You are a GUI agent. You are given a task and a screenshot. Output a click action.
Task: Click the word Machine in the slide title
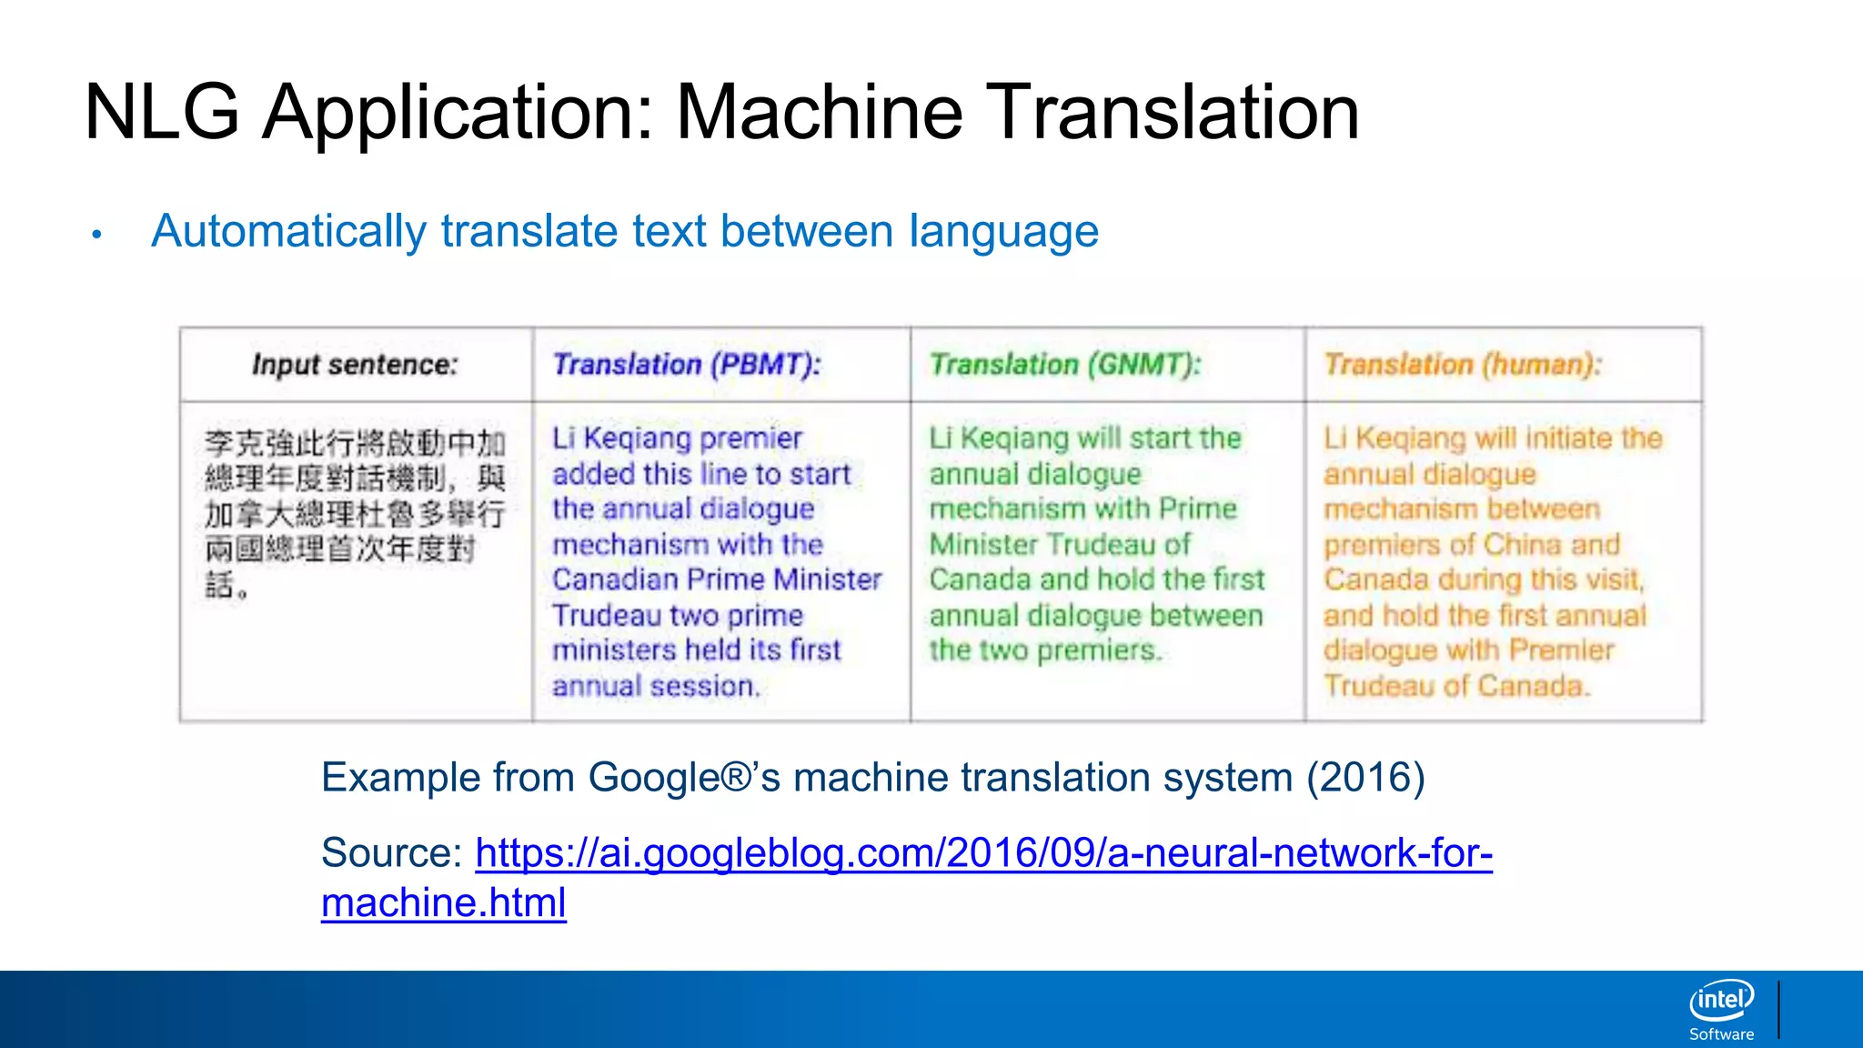tap(819, 113)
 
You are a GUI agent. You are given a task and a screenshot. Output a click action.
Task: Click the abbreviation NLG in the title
tap(162, 113)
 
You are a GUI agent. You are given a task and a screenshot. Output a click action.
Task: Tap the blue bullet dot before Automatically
tap(96, 235)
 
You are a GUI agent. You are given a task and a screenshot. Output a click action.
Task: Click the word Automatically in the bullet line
tap(288, 231)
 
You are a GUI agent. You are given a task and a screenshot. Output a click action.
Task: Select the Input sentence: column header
tap(355, 365)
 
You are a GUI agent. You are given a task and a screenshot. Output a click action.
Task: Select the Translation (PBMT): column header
tap(687, 365)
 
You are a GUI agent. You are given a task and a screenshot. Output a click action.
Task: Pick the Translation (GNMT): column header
tap(1065, 365)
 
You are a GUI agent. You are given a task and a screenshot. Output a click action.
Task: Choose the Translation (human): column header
tap(1463, 365)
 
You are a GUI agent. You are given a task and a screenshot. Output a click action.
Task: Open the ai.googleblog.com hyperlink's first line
tap(983, 853)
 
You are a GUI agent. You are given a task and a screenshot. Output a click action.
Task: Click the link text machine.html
tap(444, 903)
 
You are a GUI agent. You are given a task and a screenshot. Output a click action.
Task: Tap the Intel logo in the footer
tap(1721, 1001)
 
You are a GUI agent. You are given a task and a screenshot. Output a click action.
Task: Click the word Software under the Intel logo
tap(1721, 1034)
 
